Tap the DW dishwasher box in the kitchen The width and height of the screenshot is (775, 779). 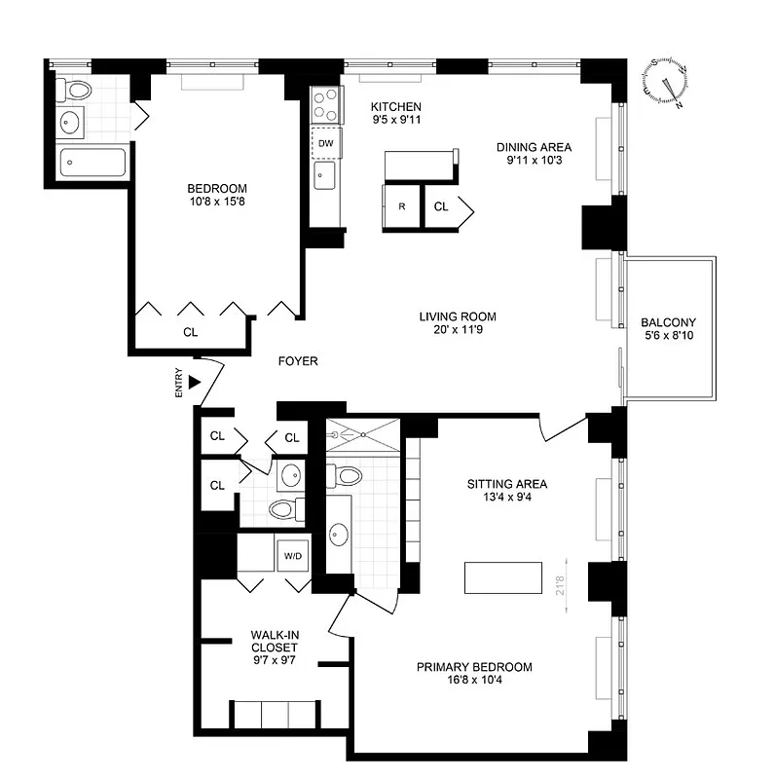[x=325, y=143]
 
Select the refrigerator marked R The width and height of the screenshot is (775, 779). [x=401, y=206]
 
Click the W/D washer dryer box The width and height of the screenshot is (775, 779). [x=292, y=556]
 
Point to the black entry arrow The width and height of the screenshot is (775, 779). [x=195, y=383]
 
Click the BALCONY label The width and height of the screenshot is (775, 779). [x=668, y=323]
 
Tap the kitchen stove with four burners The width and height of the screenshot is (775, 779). [x=325, y=102]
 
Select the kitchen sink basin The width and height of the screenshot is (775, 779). [x=324, y=175]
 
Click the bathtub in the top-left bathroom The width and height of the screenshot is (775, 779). [x=93, y=162]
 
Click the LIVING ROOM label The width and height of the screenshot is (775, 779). [x=458, y=316]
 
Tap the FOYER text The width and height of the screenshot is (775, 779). [x=298, y=361]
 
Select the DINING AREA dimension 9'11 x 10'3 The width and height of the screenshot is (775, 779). [x=534, y=162]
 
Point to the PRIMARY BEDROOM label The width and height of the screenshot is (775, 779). [x=474, y=667]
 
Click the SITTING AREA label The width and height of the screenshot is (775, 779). [x=507, y=484]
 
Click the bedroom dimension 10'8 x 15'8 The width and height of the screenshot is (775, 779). [x=217, y=204]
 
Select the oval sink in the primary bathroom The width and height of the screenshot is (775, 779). [x=339, y=534]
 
